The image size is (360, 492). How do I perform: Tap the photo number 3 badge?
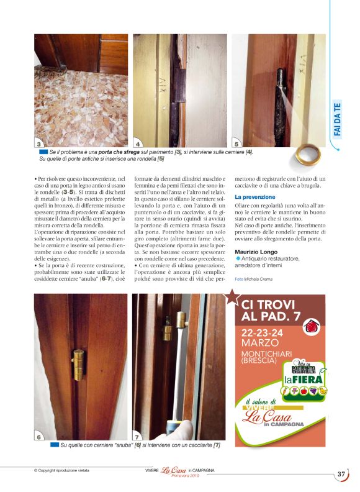click(39, 143)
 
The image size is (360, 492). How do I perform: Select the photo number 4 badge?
click(138, 143)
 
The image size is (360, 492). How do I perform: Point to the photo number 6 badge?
click(39, 437)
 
